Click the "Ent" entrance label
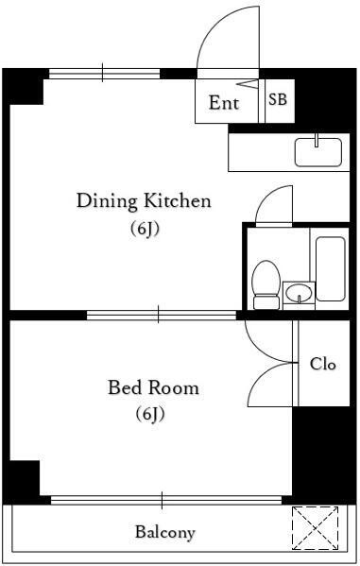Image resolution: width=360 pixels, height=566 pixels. point(224,102)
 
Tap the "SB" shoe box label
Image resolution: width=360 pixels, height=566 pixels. point(277,99)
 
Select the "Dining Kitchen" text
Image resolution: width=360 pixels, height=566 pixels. point(144,200)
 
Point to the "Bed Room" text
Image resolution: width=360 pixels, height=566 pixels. point(153,387)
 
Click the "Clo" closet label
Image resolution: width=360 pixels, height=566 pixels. point(323,364)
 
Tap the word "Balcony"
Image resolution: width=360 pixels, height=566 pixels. point(165,532)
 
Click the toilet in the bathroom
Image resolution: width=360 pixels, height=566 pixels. point(266,284)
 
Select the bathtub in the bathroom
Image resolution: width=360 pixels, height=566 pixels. point(331,269)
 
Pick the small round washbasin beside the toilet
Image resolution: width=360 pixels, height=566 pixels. point(299,292)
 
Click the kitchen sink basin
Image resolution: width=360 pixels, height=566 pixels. point(318,152)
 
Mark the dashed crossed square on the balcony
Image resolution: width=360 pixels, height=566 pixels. point(316,528)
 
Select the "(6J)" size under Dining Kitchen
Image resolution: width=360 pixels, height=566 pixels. point(145,229)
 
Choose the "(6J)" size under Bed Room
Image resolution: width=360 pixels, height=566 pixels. point(150,414)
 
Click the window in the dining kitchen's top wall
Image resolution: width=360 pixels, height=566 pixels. point(104,74)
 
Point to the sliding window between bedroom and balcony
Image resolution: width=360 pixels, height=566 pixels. point(166,500)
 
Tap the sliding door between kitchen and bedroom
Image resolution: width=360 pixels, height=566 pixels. point(162,315)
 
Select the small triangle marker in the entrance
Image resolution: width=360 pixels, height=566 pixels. point(249,84)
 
